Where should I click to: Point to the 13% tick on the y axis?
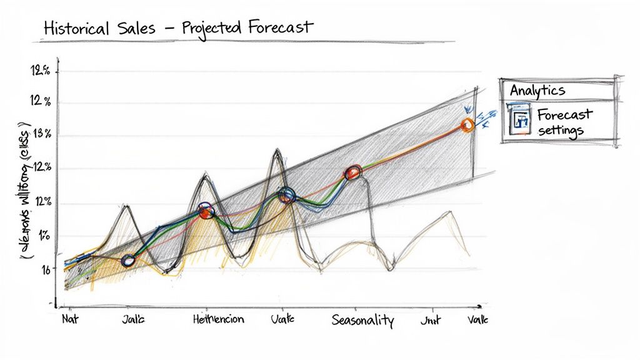43,135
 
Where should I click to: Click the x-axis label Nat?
69,319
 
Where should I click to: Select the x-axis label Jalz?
132,320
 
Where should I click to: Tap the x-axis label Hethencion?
219,320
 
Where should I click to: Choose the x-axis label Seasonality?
362,321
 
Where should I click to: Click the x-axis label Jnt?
430,320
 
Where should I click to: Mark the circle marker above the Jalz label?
128,261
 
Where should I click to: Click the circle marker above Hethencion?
206,211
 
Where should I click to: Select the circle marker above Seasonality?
353,172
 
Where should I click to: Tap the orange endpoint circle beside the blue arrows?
467,125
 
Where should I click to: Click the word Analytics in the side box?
537,90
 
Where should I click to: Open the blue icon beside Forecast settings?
519,121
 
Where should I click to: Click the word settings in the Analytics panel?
560,131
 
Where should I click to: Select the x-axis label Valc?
477,320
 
